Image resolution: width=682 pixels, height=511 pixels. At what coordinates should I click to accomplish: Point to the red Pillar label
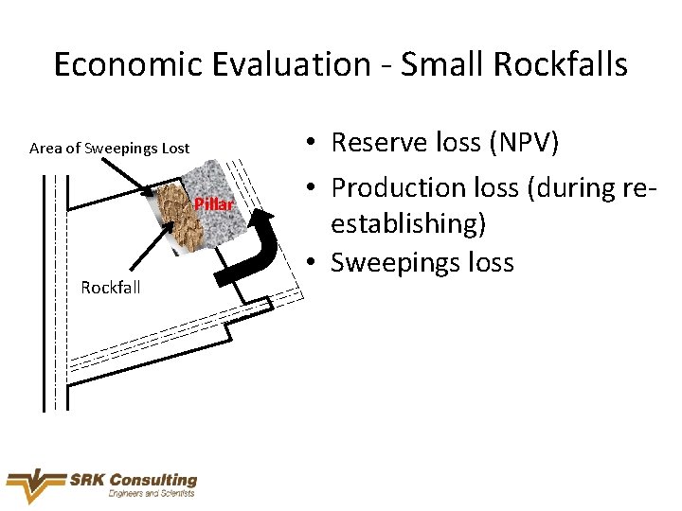coord(213,205)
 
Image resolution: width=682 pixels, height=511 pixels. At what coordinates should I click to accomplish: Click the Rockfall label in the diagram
coord(111,288)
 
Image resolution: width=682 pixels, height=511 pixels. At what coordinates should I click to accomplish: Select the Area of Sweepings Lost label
coord(110,149)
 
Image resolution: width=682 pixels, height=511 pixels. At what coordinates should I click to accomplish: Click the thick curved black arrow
coord(253,252)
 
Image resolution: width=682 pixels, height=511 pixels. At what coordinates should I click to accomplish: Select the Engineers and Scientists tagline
coord(152,494)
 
